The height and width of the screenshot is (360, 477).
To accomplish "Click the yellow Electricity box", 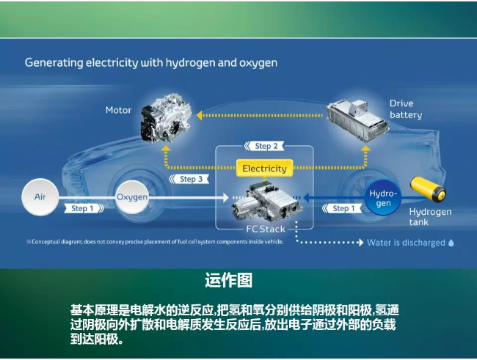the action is point(264,168).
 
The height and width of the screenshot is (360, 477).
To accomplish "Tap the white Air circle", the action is point(40,197).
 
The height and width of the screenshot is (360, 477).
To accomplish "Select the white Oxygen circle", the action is point(132,197).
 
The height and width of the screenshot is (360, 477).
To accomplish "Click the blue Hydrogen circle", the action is point(383,198).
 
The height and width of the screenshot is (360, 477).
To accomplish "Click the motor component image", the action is point(166,119).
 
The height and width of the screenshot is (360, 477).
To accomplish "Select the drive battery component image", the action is point(358,120).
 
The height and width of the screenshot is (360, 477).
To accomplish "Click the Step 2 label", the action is point(264,146).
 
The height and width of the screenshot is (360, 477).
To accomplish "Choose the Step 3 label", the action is point(189,179).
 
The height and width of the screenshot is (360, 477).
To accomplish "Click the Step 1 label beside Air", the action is point(84,208).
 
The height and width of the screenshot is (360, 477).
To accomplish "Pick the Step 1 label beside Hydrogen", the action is point(342,208).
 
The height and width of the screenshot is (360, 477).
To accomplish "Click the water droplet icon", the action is point(451,243).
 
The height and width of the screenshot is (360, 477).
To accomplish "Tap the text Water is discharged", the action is point(406,243).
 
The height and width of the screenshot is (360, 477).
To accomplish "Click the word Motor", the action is point(118,110).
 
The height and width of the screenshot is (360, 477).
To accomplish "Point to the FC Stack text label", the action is point(266,229).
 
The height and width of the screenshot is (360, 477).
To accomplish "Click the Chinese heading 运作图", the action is point(229,280).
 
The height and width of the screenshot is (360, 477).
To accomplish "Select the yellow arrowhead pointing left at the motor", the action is point(200,115).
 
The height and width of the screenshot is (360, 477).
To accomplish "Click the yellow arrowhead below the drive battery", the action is point(365,148).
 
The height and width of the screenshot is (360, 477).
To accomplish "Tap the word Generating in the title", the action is point(54,63).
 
